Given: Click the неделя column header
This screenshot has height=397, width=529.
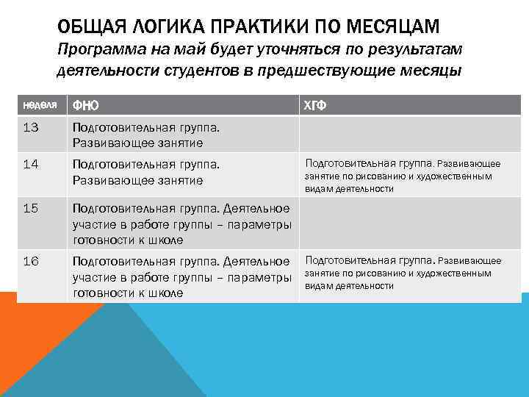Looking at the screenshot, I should [x=37, y=105].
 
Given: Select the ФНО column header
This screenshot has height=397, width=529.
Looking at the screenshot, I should [x=84, y=105].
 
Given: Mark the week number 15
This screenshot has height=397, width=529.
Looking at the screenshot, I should [x=31, y=208].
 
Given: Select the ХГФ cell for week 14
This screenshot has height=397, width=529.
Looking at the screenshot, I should [x=403, y=176].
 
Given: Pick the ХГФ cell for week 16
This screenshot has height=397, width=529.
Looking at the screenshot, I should [x=403, y=273].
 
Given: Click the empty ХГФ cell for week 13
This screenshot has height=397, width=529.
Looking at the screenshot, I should [x=409, y=135].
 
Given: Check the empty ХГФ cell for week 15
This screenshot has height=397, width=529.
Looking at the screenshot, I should [x=409, y=224].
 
